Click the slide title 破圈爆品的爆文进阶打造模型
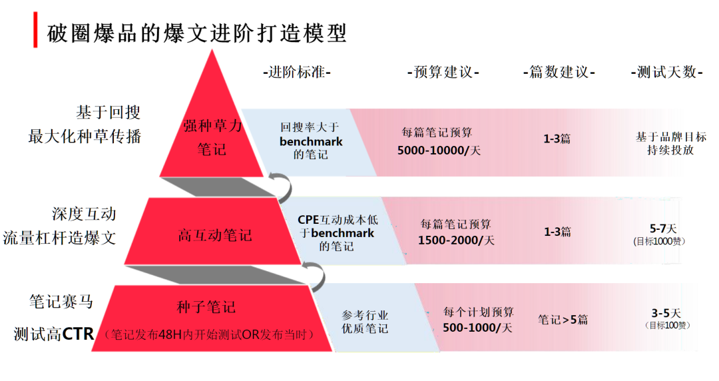[x=197, y=32]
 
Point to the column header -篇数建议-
[x=559, y=72]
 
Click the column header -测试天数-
[x=666, y=72]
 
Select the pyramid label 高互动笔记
[x=215, y=235]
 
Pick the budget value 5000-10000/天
[x=439, y=151]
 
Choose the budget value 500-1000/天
[x=477, y=328]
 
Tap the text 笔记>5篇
[x=563, y=320]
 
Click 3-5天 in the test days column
[x=666, y=312]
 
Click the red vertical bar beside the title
[x=35, y=31]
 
